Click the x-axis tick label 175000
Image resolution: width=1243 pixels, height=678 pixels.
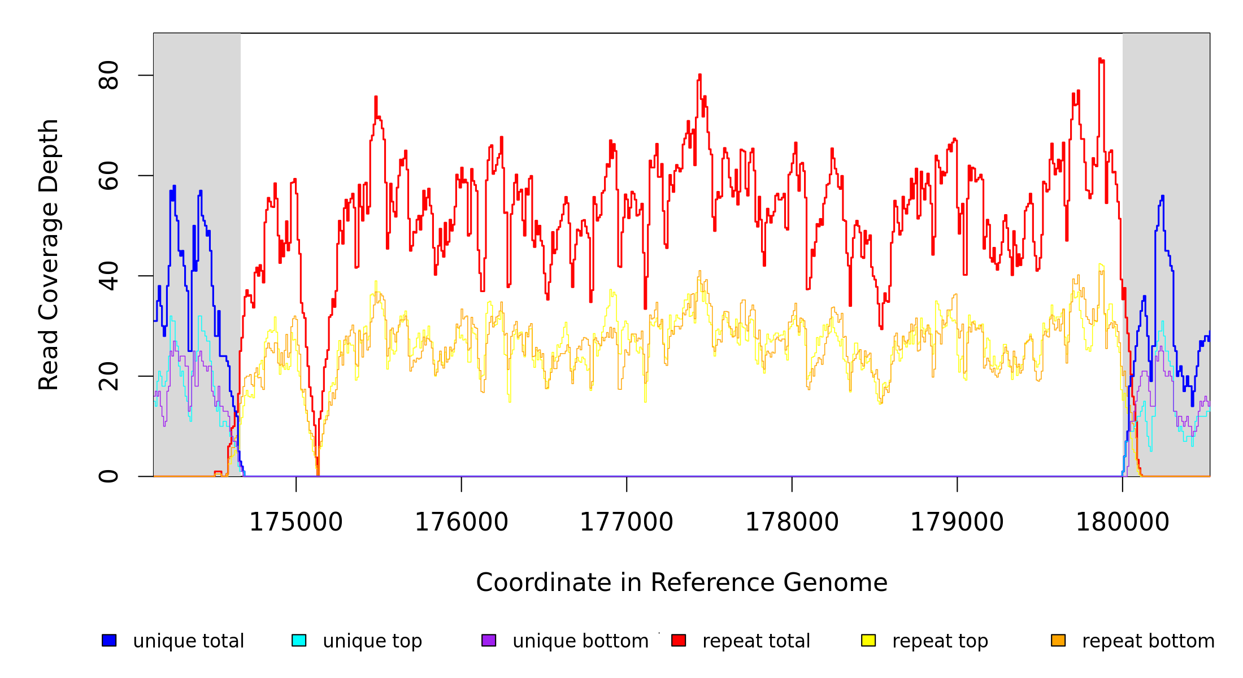(x=296, y=522)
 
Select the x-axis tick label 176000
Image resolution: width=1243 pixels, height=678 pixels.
(x=462, y=522)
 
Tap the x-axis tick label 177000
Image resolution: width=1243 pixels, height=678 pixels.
(x=627, y=522)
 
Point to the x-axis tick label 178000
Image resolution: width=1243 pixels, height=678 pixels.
(x=792, y=522)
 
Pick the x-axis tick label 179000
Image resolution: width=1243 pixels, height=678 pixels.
(x=957, y=522)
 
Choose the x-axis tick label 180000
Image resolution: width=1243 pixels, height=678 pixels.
(x=1123, y=522)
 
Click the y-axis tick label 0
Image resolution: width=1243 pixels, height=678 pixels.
(x=108, y=476)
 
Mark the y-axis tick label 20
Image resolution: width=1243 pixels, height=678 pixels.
(x=108, y=376)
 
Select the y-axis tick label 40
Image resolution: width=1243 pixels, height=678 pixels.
(x=108, y=276)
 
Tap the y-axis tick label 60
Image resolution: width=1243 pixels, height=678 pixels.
(x=108, y=176)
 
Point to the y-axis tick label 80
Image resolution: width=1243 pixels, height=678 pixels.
(x=108, y=75)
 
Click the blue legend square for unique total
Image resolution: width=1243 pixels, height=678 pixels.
(x=109, y=640)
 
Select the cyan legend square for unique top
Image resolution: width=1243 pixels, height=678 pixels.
(x=299, y=640)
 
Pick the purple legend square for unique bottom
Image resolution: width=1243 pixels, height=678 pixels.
(x=489, y=640)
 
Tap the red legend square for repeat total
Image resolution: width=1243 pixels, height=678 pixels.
(x=679, y=640)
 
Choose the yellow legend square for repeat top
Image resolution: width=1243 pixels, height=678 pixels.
(x=868, y=640)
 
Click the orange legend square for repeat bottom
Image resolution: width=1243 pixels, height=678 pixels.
(x=1058, y=640)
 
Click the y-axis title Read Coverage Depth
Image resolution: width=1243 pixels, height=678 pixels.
(x=49, y=254)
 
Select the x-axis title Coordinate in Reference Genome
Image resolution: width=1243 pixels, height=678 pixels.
(x=681, y=583)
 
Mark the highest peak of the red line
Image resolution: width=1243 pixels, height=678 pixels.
(x=1100, y=59)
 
